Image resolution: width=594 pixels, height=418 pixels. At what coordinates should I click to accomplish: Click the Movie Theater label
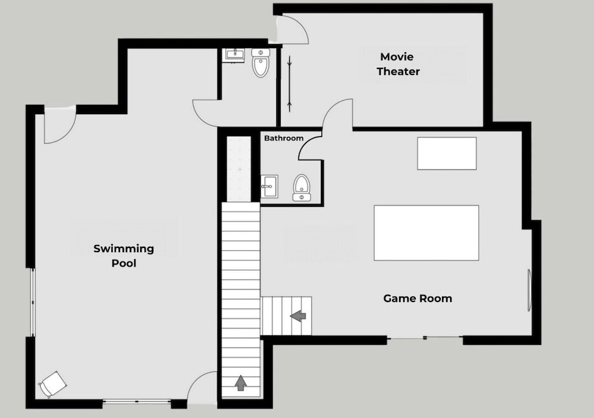(398, 64)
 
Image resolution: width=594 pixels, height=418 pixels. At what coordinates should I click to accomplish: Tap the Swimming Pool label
(124, 256)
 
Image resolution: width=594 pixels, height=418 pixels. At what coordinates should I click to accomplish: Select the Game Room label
(418, 298)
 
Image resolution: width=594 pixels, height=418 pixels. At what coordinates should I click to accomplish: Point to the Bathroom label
(284, 138)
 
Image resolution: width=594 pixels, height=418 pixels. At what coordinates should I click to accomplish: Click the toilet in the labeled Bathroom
(302, 187)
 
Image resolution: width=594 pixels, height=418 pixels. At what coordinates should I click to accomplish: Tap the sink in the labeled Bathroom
(269, 186)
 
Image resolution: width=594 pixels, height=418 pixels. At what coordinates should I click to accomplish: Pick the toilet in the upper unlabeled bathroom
(261, 62)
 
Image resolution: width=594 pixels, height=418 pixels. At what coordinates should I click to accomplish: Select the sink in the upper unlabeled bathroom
(235, 55)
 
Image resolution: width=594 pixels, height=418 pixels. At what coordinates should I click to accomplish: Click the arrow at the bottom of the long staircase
(241, 383)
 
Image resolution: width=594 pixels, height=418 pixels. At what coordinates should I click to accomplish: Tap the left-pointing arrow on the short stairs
(298, 316)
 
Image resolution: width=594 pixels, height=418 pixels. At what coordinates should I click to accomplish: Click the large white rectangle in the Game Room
(426, 233)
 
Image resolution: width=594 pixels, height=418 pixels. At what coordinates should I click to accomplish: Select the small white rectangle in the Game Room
(447, 153)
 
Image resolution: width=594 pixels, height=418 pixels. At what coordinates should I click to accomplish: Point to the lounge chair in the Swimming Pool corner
(53, 384)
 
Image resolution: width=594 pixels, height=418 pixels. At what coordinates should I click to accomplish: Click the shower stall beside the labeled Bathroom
(239, 169)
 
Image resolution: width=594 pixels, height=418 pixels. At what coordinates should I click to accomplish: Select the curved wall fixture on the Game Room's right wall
(529, 290)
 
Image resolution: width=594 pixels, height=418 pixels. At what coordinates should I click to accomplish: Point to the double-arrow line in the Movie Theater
(290, 84)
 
